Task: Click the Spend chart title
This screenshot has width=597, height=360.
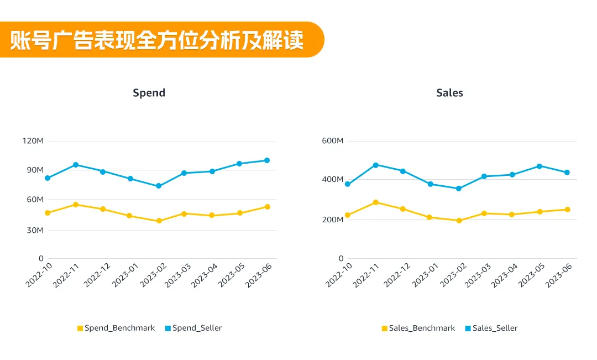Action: [149, 93]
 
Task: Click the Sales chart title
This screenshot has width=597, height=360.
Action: [449, 93]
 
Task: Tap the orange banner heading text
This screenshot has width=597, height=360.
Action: [157, 40]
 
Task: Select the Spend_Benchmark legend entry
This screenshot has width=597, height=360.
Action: [116, 328]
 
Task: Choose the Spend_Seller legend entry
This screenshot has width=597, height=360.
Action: [193, 328]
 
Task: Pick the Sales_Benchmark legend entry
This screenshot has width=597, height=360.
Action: [418, 328]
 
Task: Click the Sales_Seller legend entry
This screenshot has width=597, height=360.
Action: [491, 328]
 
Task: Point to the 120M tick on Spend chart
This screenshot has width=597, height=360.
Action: [33, 141]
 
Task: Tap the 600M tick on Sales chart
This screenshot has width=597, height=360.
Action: [333, 141]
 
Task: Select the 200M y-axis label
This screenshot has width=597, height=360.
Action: [333, 220]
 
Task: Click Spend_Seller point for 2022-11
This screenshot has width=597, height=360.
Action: [75, 165]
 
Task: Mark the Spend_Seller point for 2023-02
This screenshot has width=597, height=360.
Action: [159, 186]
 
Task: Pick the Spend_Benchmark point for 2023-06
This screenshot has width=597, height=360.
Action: [267, 207]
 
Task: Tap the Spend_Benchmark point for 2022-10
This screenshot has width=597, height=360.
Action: [48, 213]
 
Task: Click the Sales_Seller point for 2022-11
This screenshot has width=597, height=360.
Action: [375, 165]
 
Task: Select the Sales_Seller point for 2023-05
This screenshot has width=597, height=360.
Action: [539, 166]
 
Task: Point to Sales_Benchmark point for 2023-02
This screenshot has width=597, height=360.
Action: [459, 221]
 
